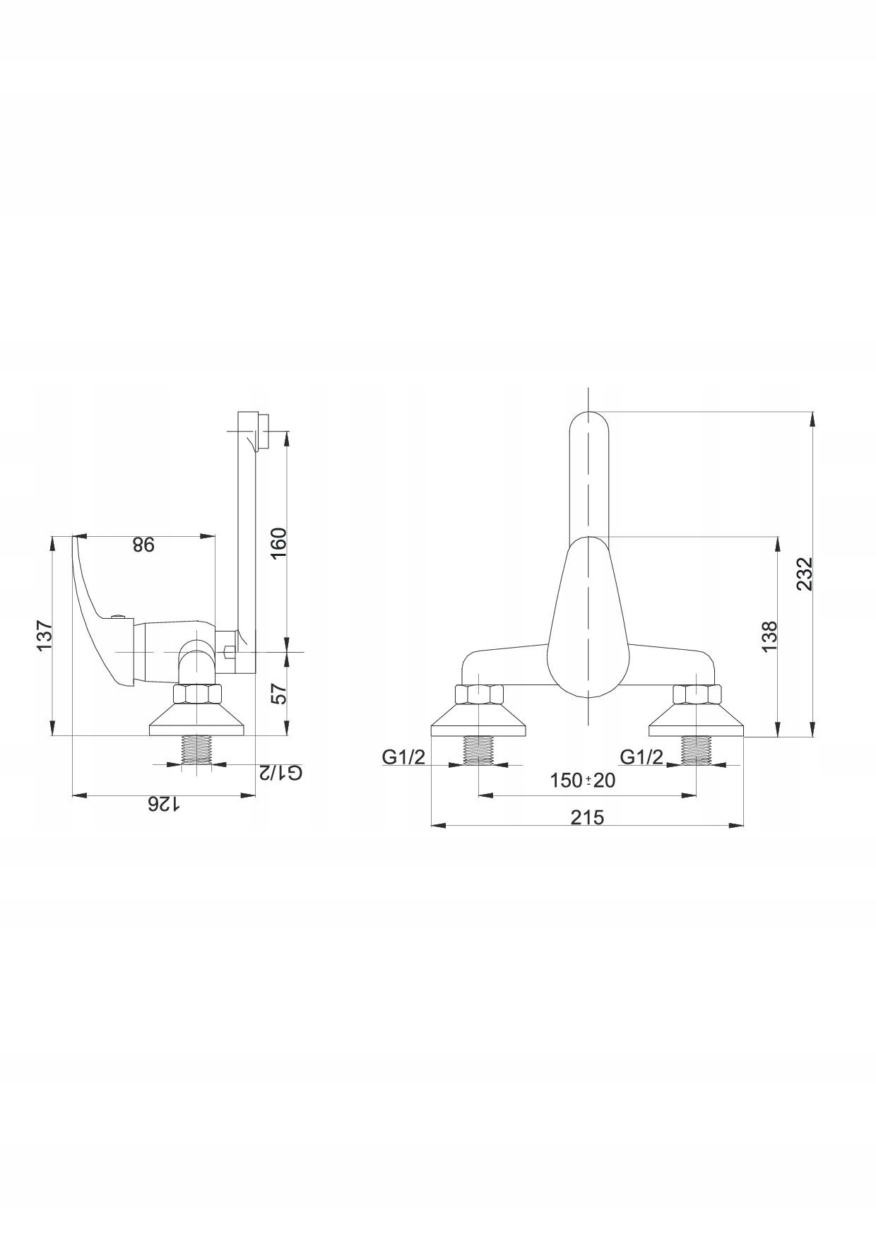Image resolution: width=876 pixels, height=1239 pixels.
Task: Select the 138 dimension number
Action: tap(770, 636)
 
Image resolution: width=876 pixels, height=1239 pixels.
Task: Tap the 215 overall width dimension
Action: tap(587, 817)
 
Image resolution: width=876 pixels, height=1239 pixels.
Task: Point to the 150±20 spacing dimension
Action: tap(583, 780)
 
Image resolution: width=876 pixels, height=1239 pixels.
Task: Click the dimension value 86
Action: tap(143, 545)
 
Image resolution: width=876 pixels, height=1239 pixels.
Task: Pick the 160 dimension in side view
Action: tap(279, 543)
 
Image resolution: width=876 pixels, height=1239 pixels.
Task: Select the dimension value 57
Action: tap(280, 694)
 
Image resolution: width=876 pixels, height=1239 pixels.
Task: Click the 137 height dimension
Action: tap(44, 636)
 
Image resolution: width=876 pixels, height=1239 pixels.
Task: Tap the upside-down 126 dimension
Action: tap(163, 805)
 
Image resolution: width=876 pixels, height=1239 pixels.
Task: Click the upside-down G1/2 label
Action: tap(280, 772)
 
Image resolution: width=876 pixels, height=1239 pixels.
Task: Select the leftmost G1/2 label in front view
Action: tap(403, 757)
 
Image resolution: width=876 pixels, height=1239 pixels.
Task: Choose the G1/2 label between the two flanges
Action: tap(641, 757)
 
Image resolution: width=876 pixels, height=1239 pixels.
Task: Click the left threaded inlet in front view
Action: tap(478, 750)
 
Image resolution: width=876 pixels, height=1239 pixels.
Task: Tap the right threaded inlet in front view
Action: tap(697, 750)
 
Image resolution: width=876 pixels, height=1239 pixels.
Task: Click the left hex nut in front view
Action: tap(478, 695)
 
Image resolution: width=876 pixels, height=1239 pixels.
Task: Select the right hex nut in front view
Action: tap(697, 695)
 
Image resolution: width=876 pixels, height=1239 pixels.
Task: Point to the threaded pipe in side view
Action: tap(197, 750)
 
